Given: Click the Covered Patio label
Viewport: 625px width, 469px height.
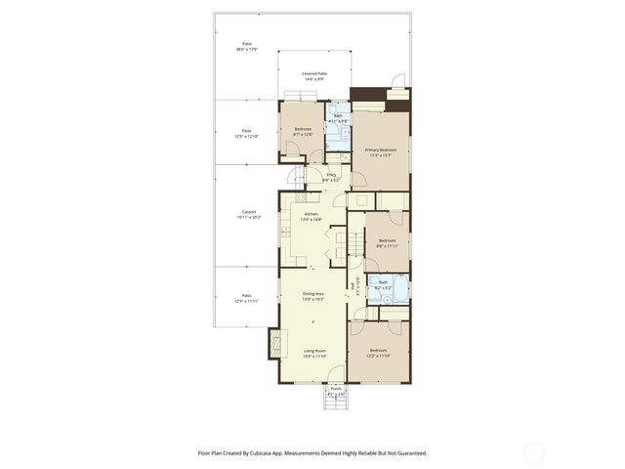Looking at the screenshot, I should point(313,75).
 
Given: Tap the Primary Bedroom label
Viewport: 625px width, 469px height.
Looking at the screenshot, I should point(380,151).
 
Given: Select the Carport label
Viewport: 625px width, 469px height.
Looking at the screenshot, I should point(248,214).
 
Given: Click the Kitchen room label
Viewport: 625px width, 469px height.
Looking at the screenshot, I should point(312,217).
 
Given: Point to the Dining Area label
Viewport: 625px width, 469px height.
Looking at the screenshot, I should point(312,295).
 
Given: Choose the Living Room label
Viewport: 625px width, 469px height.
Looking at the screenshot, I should point(313,352).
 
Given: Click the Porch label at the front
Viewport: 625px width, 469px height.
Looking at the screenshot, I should point(335,390).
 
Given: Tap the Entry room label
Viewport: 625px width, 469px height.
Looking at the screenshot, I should point(331,177).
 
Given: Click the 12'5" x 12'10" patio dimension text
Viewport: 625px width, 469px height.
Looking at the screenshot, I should point(247,136).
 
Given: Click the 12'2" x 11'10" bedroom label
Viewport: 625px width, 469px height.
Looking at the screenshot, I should point(378,353).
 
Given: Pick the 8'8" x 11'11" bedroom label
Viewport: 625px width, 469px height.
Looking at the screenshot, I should point(387,242).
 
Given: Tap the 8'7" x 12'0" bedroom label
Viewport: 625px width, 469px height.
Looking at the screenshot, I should point(303,132).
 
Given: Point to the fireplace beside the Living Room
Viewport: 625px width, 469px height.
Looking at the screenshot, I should point(274,343).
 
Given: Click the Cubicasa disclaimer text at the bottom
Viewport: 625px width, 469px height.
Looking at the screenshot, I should point(312,452).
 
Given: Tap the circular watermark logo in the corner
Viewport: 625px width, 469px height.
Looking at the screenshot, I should point(534,451).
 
